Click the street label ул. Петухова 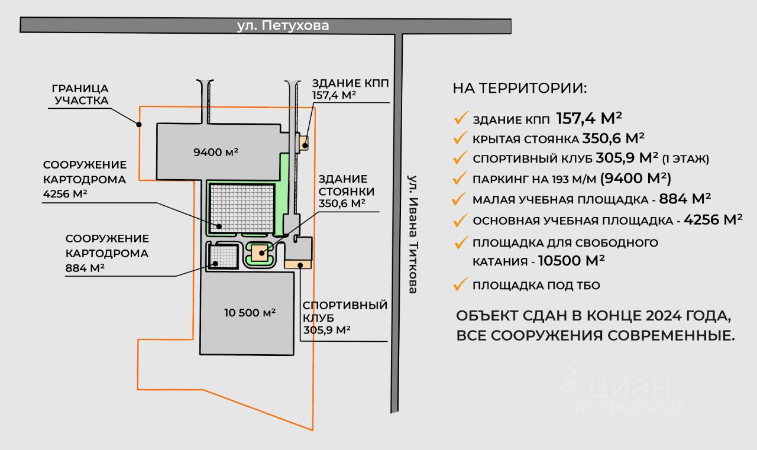click(x=283, y=26)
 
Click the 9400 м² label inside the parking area click(x=216, y=152)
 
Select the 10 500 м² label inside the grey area click(x=250, y=313)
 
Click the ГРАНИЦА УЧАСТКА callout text click(x=82, y=93)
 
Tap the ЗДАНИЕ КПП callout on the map click(x=350, y=88)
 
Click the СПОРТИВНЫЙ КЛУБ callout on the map click(x=345, y=318)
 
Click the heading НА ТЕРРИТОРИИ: click(x=520, y=88)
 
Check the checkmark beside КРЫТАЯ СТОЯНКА click(x=461, y=139)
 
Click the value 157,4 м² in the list click(x=589, y=118)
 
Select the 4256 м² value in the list click(x=713, y=220)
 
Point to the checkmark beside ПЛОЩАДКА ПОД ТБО click(x=461, y=285)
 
